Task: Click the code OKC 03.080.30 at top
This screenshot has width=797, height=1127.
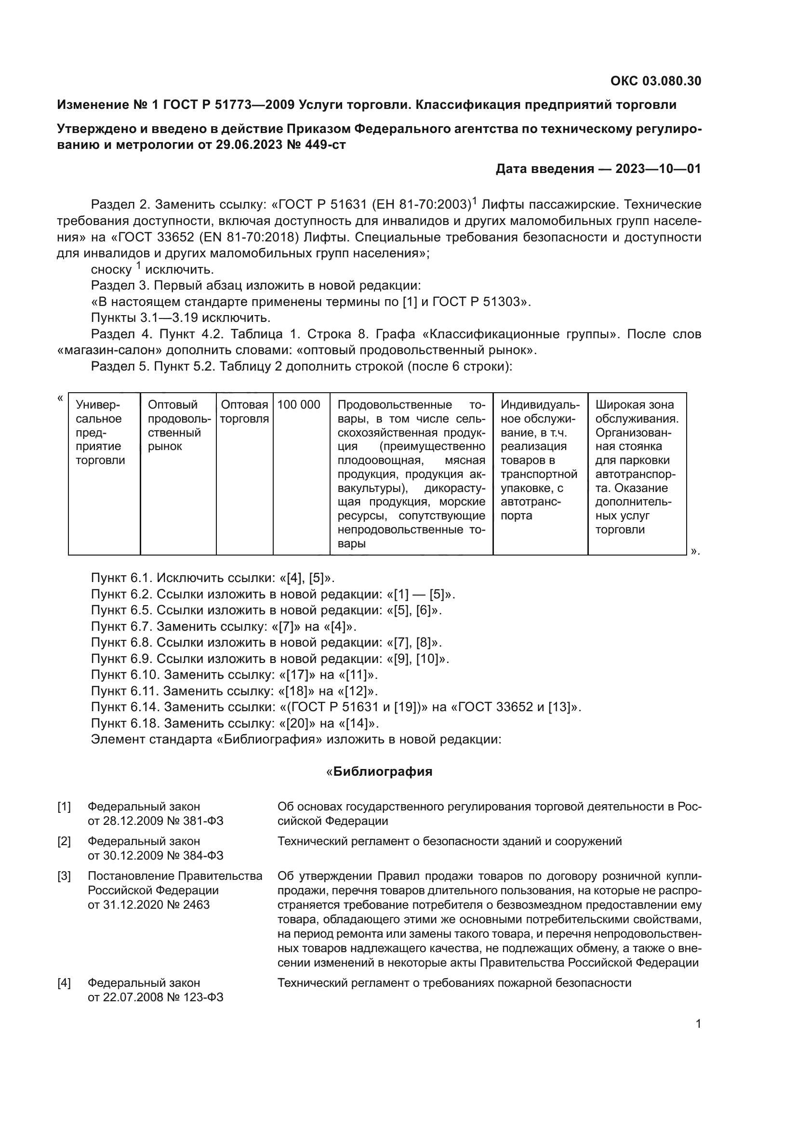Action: [x=656, y=81]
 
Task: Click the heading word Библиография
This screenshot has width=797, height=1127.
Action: [x=383, y=771]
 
